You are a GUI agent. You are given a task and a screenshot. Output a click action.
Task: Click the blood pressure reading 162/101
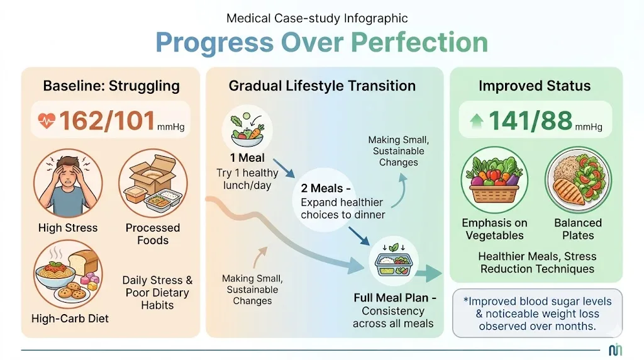[107, 120]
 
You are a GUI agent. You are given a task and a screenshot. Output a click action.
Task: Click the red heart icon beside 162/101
[47, 120]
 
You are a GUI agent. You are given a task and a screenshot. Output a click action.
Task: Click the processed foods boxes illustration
[152, 183]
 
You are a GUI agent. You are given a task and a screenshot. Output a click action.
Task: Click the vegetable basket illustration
[493, 180]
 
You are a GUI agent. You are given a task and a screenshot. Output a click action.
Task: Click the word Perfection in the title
[419, 43]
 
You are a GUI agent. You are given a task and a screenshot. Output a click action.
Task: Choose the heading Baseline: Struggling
[111, 86]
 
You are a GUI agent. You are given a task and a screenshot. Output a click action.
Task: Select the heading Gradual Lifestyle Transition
[322, 86]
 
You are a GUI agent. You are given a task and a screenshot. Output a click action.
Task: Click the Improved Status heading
[535, 86]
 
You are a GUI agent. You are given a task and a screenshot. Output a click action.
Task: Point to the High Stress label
[68, 228]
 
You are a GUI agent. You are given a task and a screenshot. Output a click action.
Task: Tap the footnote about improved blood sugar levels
[537, 313]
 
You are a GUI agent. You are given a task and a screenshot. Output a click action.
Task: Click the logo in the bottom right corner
[616, 349]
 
